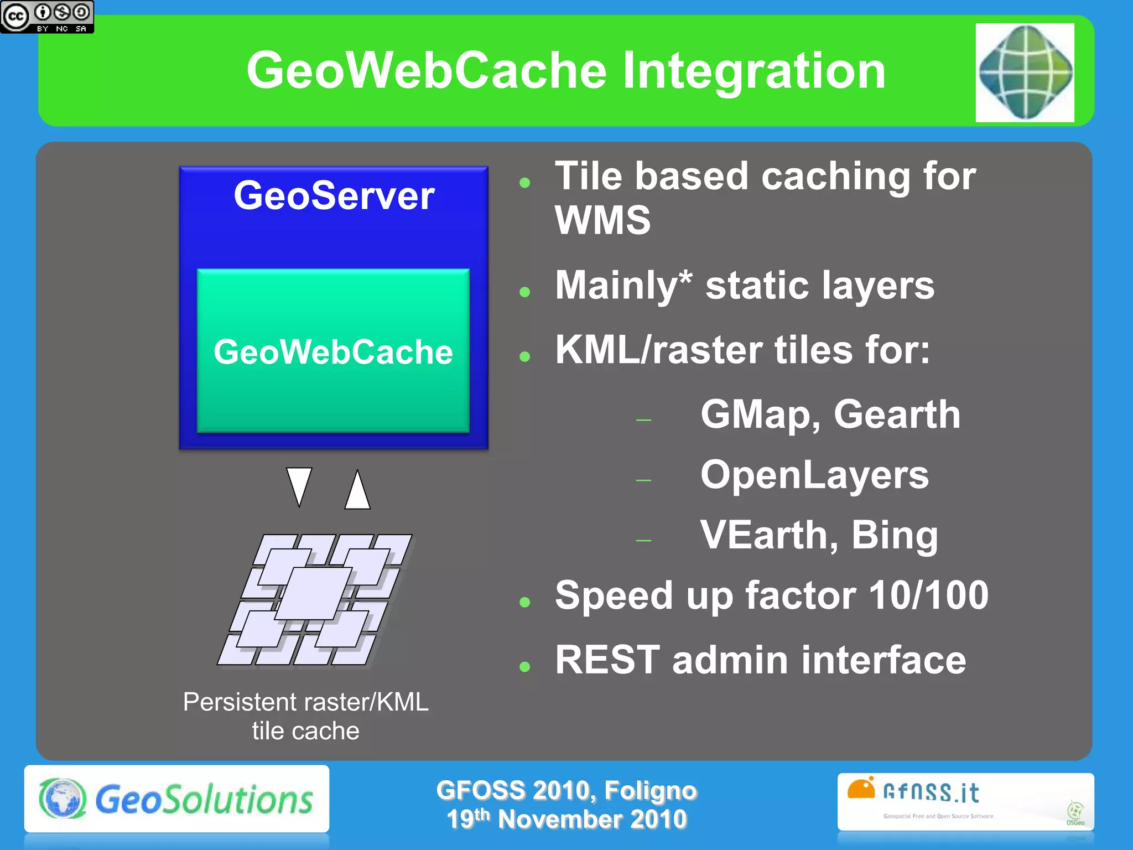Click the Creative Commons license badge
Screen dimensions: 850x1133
tap(47, 17)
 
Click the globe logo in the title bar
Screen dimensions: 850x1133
tap(1025, 72)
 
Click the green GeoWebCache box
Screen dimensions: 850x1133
tap(333, 351)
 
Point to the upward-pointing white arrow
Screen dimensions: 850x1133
tap(357, 490)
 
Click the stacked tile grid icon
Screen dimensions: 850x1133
tap(315, 599)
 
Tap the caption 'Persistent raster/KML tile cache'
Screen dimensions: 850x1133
tap(305, 716)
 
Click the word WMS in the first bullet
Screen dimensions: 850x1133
tap(602, 220)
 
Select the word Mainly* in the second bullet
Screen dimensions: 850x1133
tap(623, 286)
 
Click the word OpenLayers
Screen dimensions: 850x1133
tap(814, 475)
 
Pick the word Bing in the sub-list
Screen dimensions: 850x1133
tap(894, 535)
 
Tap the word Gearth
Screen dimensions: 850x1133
tap(897, 414)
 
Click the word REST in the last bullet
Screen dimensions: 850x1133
tap(607, 660)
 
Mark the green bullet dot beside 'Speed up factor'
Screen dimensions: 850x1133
tap(525, 602)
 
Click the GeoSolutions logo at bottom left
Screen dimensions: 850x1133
tap(176, 799)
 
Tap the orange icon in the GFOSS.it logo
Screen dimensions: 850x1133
tap(861, 788)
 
